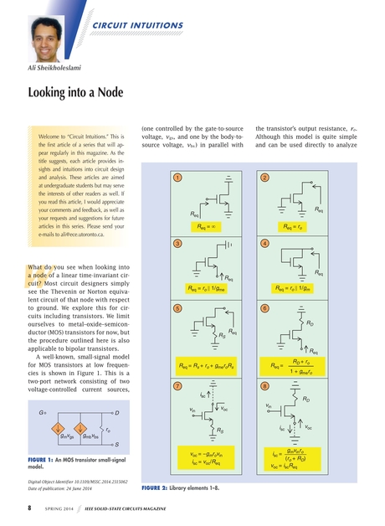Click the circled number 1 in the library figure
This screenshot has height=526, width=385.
177,178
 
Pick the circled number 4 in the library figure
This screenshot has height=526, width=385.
264,243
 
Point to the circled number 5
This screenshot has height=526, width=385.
177,308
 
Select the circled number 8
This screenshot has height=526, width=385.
264,386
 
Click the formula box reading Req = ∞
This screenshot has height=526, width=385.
207,225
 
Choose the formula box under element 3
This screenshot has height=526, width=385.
207,290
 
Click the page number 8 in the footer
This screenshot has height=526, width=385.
31,508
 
